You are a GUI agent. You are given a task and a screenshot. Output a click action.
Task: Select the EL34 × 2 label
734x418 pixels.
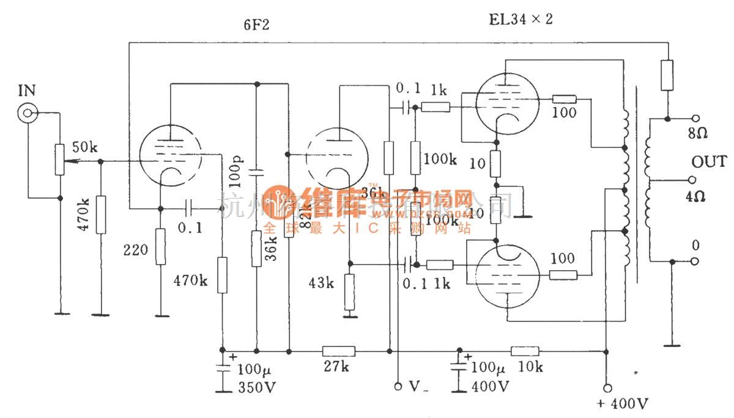click(x=521, y=19)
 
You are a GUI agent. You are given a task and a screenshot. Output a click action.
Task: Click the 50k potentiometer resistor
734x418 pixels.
click(x=60, y=159)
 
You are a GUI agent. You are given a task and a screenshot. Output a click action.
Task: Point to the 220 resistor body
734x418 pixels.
click(x=160, y=247)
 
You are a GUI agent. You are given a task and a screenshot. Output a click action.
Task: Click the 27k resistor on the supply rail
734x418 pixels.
click(x=338, y=351)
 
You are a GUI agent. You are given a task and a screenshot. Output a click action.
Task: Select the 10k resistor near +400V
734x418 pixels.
click(x=525, y=351)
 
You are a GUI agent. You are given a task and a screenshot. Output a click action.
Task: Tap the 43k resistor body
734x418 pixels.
click(x=349, y=292)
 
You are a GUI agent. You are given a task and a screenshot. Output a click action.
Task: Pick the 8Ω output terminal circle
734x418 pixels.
click(x=694, y=118)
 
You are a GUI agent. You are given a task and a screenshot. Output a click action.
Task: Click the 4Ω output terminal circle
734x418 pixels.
click(x=694, y=180)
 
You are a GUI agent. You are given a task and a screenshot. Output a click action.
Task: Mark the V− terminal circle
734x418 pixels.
click(x=398, y=386)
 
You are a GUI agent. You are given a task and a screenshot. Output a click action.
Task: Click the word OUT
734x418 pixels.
click(x=709, y=162)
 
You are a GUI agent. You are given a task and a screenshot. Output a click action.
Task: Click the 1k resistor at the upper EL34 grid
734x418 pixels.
click(x=436, y=108)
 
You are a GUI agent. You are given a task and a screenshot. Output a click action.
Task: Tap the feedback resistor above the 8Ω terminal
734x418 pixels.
click(x=667, y=75)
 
